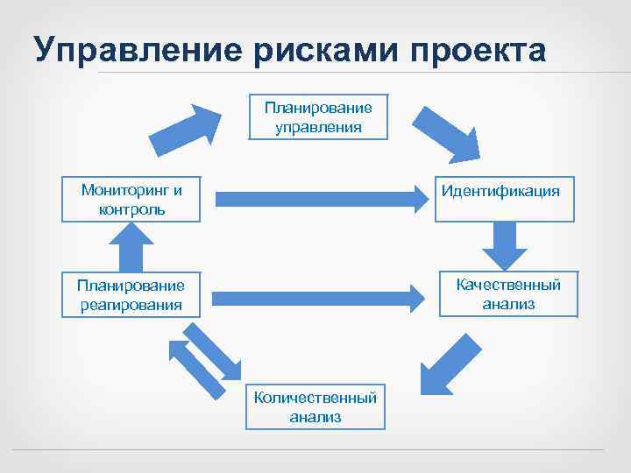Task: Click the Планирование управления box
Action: pyautogui.click(x=318, y=117)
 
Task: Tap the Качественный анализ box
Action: pyautogui.click(x=508, y=293)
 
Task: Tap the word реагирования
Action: pyautogui.click(x=129, y=305)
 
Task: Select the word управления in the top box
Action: pyautogui.click(x=318, y=127)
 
